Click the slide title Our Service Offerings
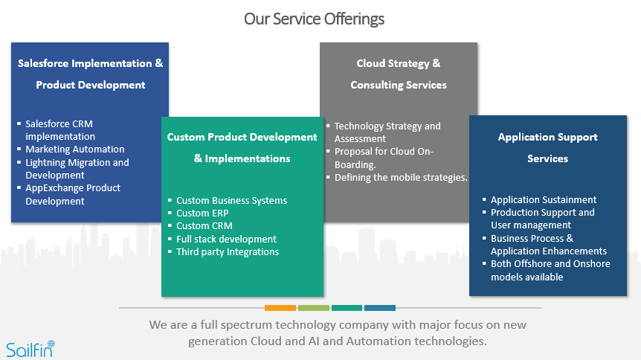pyautogui.click(x=315, y=19)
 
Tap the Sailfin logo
pyautogui.click(x=30, y=348)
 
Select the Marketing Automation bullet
pyautogui.click(x=74, y=150)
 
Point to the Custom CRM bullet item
pyautogui.click(x=204, y=226)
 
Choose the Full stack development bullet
pyautogui.click(x=226, y=239)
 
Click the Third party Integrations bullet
pyautogui.click(x=228, y=251)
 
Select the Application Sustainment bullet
pyautogui.click(x=544, y=199)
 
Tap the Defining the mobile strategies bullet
pyautogui.click(x=401, y=177)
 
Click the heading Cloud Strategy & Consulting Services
pyautogui.click(x=399, y=74)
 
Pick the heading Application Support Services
pyautogui.click(x=548, y=147)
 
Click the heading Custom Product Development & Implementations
pyautogui.click(x=242, y=147)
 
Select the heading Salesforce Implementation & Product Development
pyautogui.click(x=90, y=74)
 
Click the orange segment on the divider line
pyautogui.click(x=280, y=307)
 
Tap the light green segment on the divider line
pyautogui.click(x=313, y=307)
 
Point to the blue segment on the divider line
pyautogui.click(x=379, y=307)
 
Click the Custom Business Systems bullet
pyautogui.click(x=231, y=201)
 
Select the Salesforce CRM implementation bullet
pyautogui.click(x=59, y=130)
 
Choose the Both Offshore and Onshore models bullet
pyautogui.click(x=550, y=270)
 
